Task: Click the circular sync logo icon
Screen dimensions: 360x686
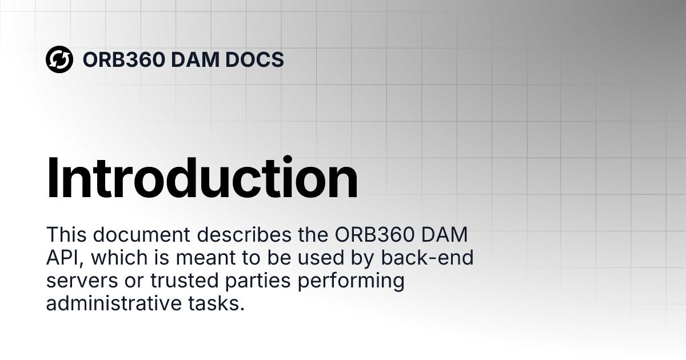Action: point(59,59)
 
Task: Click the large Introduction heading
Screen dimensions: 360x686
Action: point(202,178)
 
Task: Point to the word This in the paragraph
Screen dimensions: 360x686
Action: point(66,235)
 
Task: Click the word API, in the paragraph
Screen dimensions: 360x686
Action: point(65,258)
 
